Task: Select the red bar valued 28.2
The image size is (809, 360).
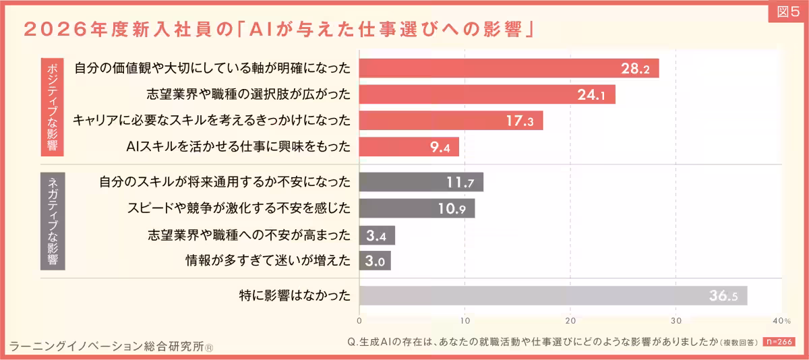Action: pyautogui.click(x=508, y=68)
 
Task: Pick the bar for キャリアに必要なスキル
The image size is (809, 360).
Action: pyautogui.click(x=450, y=121)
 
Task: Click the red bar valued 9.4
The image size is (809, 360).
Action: pyautogui.click(x=409, y=147)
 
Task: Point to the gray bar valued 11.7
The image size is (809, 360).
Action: pyautogui.click(x=421, y=182)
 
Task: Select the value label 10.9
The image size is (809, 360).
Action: pyautogui.click(x=452, y=208)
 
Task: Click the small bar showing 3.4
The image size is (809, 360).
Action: pyautogui.click(x=377, y=235)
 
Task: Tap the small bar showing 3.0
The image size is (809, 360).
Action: pyautogui.click(x=375, y=261)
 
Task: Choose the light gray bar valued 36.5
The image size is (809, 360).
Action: pyautogui.click(x=553, y=295)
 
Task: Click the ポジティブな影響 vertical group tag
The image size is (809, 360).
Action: pyautogui.click(x=53, y=106)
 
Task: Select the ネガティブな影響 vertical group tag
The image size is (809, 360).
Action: pyautogui.click(x=53, y=221)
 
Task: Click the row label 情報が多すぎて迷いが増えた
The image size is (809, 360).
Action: pyautogui.click(x=268, y=261)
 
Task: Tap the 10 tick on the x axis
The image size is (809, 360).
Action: pyautogui.click(x=465, y=320)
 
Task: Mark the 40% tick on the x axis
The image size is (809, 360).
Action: pyautogui.click(x=781, y=320)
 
